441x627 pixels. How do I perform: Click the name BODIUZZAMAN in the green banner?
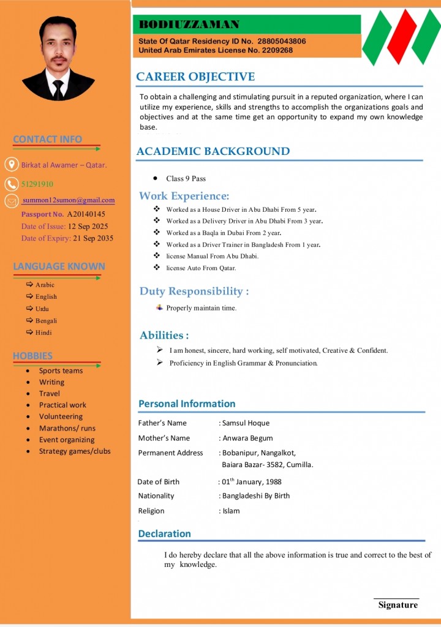pyautogui.click(x=189, y=24)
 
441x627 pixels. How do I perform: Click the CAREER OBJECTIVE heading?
pyautogui.click(x=195, y=77)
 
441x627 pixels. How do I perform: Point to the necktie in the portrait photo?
pyautogui.click(x=58, y=89)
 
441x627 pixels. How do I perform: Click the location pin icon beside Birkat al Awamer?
pyautogui.click(x=11, y=164)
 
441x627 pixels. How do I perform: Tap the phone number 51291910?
pyautogui.click(x=37, y=184)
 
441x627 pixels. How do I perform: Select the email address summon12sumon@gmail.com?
pyautogui.click(x=69, y=200)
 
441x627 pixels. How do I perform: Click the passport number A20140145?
pyautogui.click(x=86, y=214)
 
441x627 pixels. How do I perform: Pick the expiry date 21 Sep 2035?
pyautogui.click(x=93, y=238)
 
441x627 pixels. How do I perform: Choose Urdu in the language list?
pyautogui.click(x=42, y=309)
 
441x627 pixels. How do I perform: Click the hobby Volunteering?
pyautogui.click(x=61, y=416)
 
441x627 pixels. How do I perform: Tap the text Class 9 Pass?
pyautogui.click(x=186, y=179)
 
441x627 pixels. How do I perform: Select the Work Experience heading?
pyautogui.click(x=184, y=196)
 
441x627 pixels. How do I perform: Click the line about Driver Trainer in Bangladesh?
pyautogui.click(x=243, y=245)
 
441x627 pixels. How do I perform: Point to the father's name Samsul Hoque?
pyautogui.click(x=246, y=423)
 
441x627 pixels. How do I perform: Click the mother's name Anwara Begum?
pyautogui.click(x=247, y=438)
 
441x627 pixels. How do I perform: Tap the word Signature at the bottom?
pyautogui.click(x=398, y=605)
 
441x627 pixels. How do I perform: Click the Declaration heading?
pyautogui.click(x=165, y=534)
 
